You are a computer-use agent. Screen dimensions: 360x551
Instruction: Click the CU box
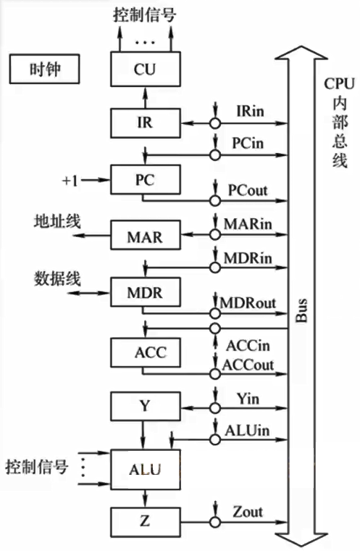[146, 69]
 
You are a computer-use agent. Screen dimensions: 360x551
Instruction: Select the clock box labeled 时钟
[44, 69]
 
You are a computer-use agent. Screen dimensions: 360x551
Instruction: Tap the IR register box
[146, 123]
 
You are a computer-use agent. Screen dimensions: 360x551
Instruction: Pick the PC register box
[146, 180]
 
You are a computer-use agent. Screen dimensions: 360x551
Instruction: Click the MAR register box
[146, 235]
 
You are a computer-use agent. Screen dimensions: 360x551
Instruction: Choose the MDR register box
[146, 292]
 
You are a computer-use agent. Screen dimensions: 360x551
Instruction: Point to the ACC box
[146, 352]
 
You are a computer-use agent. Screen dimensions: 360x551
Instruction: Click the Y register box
[146, 406]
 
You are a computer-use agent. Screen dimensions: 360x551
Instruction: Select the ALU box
[146, 470]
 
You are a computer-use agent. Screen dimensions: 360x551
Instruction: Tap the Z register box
[146, 522]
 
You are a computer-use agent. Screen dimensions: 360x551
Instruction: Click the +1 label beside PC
[70, 181]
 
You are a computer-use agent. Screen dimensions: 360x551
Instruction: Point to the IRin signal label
[250, 111]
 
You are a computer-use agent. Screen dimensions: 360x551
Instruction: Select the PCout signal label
[248, 190]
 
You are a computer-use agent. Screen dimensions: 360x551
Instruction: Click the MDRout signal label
[248, 303]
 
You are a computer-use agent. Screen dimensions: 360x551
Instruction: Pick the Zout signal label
[248, 512]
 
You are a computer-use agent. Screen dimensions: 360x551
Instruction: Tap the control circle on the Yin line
[215, 408]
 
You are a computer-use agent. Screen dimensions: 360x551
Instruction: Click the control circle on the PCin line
[215, 155]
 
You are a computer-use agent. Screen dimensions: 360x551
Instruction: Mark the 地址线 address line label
[57, 221]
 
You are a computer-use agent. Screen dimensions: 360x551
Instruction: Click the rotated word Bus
[301, 310]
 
